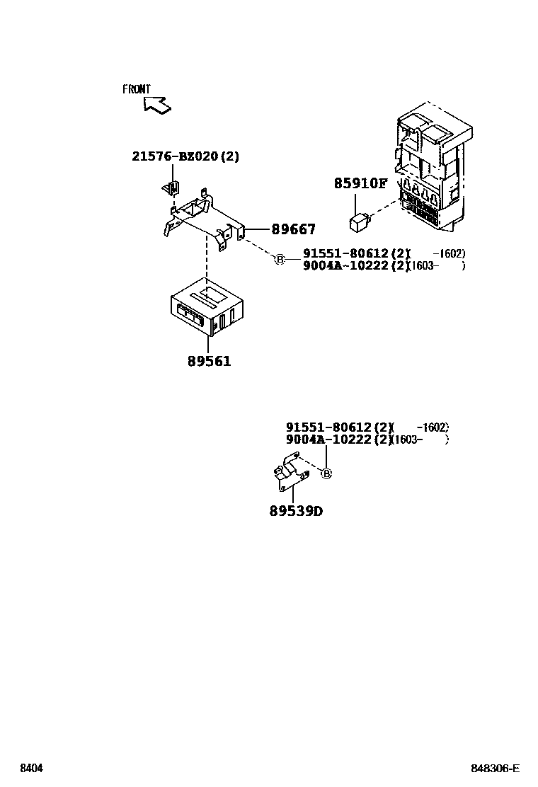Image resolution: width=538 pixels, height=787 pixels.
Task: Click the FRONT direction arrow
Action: point(157,105)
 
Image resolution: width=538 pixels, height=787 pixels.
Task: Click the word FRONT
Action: point(137,89)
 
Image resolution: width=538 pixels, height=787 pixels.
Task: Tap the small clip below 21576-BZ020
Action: point(172,188)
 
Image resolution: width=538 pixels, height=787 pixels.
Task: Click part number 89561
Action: point(209,362)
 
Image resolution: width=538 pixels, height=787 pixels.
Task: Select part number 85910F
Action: point(360,184)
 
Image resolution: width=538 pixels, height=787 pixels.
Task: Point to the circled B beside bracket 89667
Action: point(280,260)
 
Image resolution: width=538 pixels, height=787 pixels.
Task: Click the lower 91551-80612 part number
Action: point(329,427)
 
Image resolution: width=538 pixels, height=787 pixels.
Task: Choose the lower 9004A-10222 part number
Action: point(329,440)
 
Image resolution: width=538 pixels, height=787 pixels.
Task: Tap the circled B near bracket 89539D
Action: point(326,473)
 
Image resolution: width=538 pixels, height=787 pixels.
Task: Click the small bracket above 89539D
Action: point(290,476)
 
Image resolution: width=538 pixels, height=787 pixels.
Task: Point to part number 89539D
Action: point(295,511)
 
